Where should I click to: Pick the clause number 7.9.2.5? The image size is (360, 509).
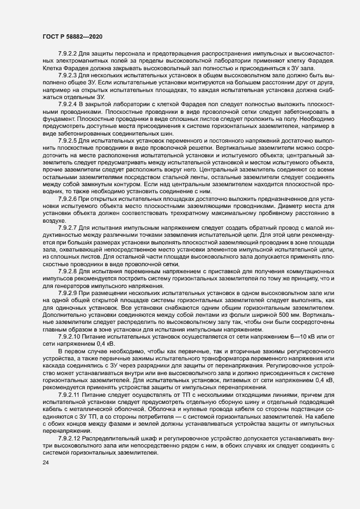[x=68, y=140]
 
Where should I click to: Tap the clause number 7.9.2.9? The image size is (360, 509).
[x=68, y=293]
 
